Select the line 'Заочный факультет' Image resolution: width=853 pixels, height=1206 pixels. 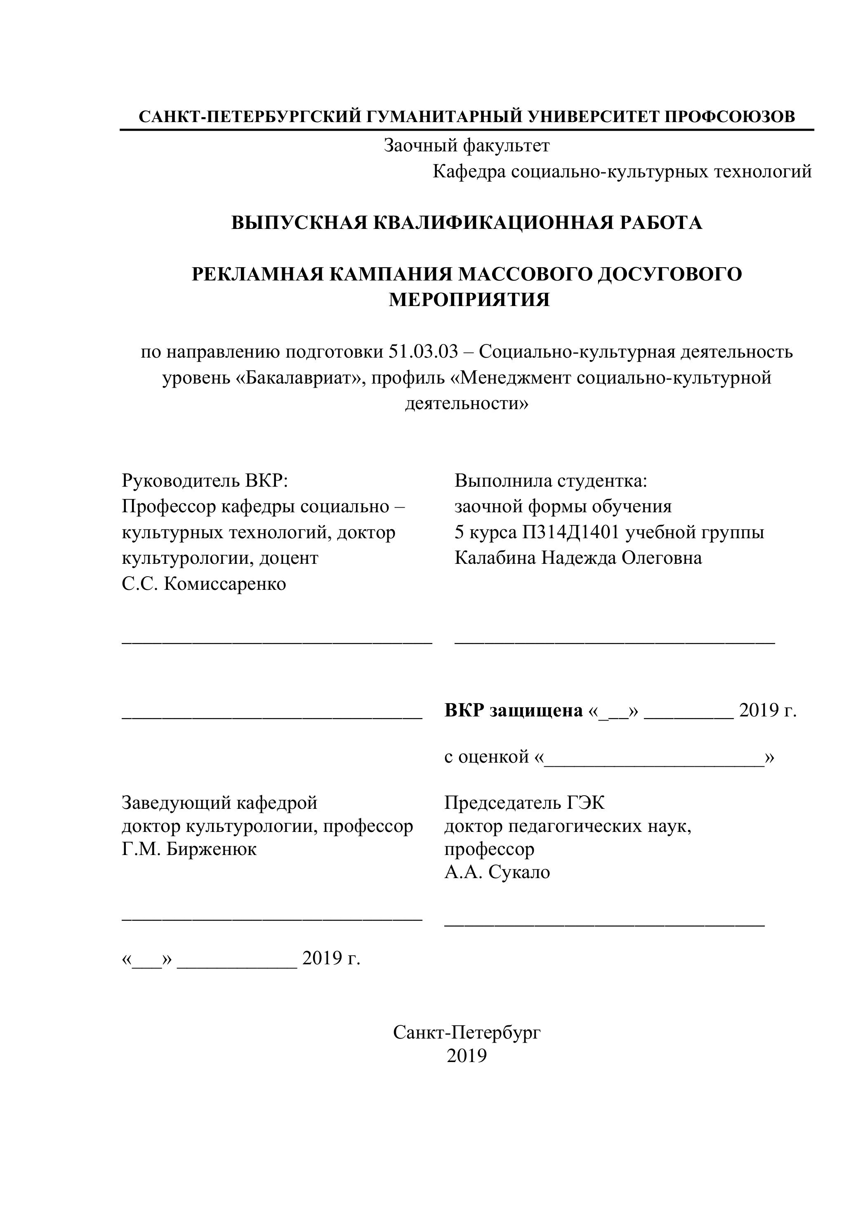[x=467, y=146]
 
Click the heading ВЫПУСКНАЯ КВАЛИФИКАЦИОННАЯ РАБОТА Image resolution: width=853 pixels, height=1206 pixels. [x=467, y=223]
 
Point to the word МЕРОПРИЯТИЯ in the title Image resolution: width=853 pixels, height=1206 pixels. [x=469, y=300]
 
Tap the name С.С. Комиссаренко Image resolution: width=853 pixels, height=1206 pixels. [x=204, y=584]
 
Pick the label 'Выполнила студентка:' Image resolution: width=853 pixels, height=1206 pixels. [x=551, y=480]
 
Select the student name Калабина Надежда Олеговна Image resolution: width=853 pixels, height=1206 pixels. [x=578, y=558]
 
